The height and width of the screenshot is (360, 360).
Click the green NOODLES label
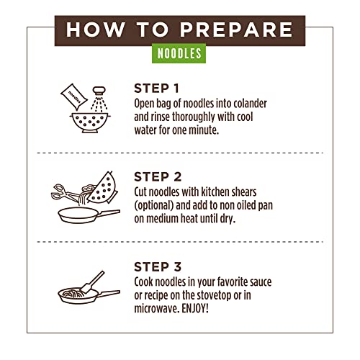179,53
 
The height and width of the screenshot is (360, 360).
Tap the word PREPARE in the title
236,30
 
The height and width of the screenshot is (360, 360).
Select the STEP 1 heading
157,89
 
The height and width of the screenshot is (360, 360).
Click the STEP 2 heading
158,177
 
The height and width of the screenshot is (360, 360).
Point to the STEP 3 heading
158,267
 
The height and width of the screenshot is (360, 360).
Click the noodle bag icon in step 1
74,96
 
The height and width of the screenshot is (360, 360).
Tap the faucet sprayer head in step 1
99,91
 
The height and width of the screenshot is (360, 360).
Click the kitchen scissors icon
65,193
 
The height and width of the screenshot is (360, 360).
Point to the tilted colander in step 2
103,189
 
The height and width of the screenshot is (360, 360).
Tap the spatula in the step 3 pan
92,282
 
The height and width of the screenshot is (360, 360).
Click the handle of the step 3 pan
109,293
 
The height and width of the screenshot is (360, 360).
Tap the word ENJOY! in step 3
195,309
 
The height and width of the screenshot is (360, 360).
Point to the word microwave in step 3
157,309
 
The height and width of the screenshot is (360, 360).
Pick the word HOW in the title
96,30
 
